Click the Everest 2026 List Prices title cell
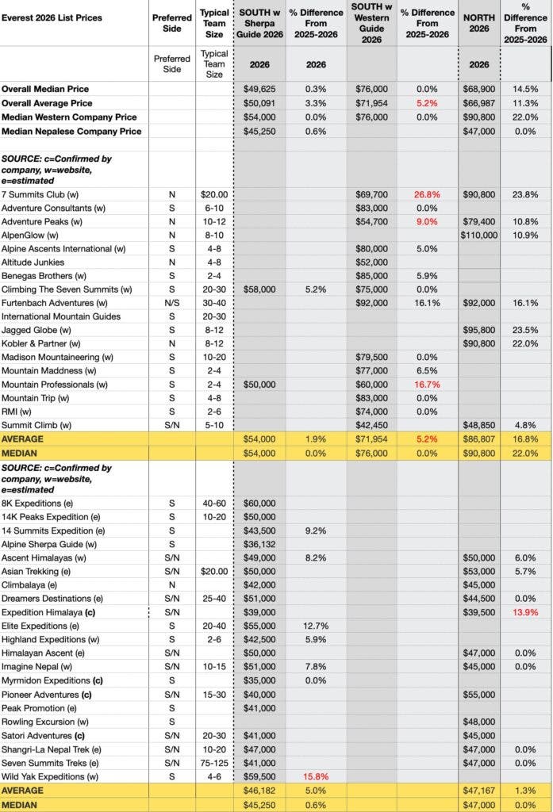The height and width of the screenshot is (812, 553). pos(52,17)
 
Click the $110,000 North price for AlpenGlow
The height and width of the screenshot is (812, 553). pos(478,235)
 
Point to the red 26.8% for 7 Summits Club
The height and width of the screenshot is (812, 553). pos(427,194)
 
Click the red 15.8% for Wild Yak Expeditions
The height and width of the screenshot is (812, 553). pos(315,776)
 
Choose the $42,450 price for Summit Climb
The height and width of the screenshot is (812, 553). pos(371,425)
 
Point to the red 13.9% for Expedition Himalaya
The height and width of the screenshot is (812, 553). pos(526,613)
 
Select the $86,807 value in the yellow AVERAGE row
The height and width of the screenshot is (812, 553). pos(478,439)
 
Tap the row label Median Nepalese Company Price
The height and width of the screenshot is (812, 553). pos(71,131)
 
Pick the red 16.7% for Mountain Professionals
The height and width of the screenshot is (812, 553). pos(427,385)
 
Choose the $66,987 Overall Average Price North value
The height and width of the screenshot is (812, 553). pos(478,103)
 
